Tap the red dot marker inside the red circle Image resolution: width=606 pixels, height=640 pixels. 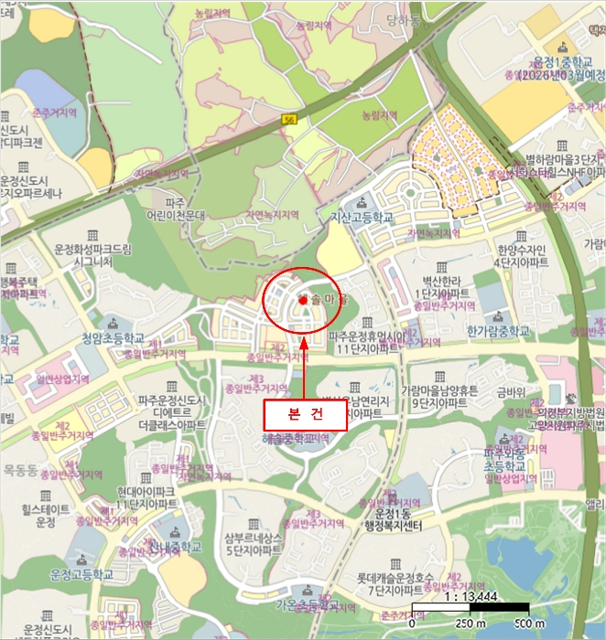tap(302, 299)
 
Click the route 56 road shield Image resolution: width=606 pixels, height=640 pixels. tap(288, 118)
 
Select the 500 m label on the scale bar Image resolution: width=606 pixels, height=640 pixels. tap(527, 624)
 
